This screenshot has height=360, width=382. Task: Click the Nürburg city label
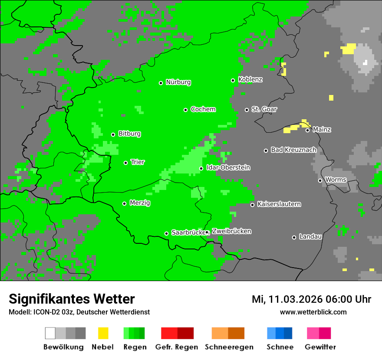(x=178, y=82)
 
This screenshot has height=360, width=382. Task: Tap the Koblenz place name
(x=250, y=80)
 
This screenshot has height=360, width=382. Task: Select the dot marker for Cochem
(x=185, y=110)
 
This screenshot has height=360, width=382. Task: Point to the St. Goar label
(x=264, y=109)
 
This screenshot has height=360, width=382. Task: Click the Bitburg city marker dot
(x=113, y=134)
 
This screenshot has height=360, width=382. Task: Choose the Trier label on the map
(x=138, y=162)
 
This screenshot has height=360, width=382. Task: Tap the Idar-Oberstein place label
(x=228, y=168)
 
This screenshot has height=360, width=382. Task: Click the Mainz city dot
(x=307, y=130)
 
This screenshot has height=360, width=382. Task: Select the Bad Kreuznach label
(x=293, y=150)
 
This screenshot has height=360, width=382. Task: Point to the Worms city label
(x=336, y=180)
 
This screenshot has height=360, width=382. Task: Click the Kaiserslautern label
(x=279, y=204)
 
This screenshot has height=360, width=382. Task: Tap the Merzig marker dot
(x=124, y=203)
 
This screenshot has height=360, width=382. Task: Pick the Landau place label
(x=310, y=237)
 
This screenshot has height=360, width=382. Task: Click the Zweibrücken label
(x=231, y=232)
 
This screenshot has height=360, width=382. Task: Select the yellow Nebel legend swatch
(x=103, y=333)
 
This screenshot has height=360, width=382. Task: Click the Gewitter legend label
(x=320, y=347)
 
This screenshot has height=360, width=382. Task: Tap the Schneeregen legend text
(x=229, y=347)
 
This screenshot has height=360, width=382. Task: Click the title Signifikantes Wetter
(x=72, y=299)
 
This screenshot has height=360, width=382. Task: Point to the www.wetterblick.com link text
(x=313, y=312)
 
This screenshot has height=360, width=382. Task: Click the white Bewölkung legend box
(x=50, y=333)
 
